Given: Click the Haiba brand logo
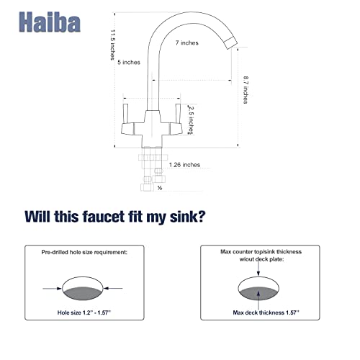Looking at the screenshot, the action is click(x=50, y=22).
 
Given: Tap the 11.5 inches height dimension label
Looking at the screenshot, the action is click(x=112, y=45).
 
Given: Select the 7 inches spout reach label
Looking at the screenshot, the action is click(x=187, y=42).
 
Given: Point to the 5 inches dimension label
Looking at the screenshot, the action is click(x=129, y=62).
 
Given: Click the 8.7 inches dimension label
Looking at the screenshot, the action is click(x=246, y=90).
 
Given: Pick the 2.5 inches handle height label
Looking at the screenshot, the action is click(x=191, y=120).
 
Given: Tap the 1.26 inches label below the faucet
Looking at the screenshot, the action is click(x=184, y=165).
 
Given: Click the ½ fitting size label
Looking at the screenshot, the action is click(x=160, y=188).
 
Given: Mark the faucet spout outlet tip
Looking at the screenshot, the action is click(x=231, y=43).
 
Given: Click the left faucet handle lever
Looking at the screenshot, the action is click(x=125, y=114).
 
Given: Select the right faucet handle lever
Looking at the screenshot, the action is click(x=178, y=114).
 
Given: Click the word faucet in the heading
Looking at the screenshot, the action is click(x=104, y=217).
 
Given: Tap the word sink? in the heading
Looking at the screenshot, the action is click(x=188, y=217).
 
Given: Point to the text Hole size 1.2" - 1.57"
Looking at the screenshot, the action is click(x=84, y=312).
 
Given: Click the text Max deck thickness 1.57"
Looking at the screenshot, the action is click(x=266, y=312).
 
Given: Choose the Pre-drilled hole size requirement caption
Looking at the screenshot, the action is click(x=84, y=252).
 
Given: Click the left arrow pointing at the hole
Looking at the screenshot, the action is click(x=52, y=289).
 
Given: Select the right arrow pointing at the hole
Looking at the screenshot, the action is click(x=113, y=288).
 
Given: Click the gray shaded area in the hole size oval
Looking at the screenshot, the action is click(x=82, y=293).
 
